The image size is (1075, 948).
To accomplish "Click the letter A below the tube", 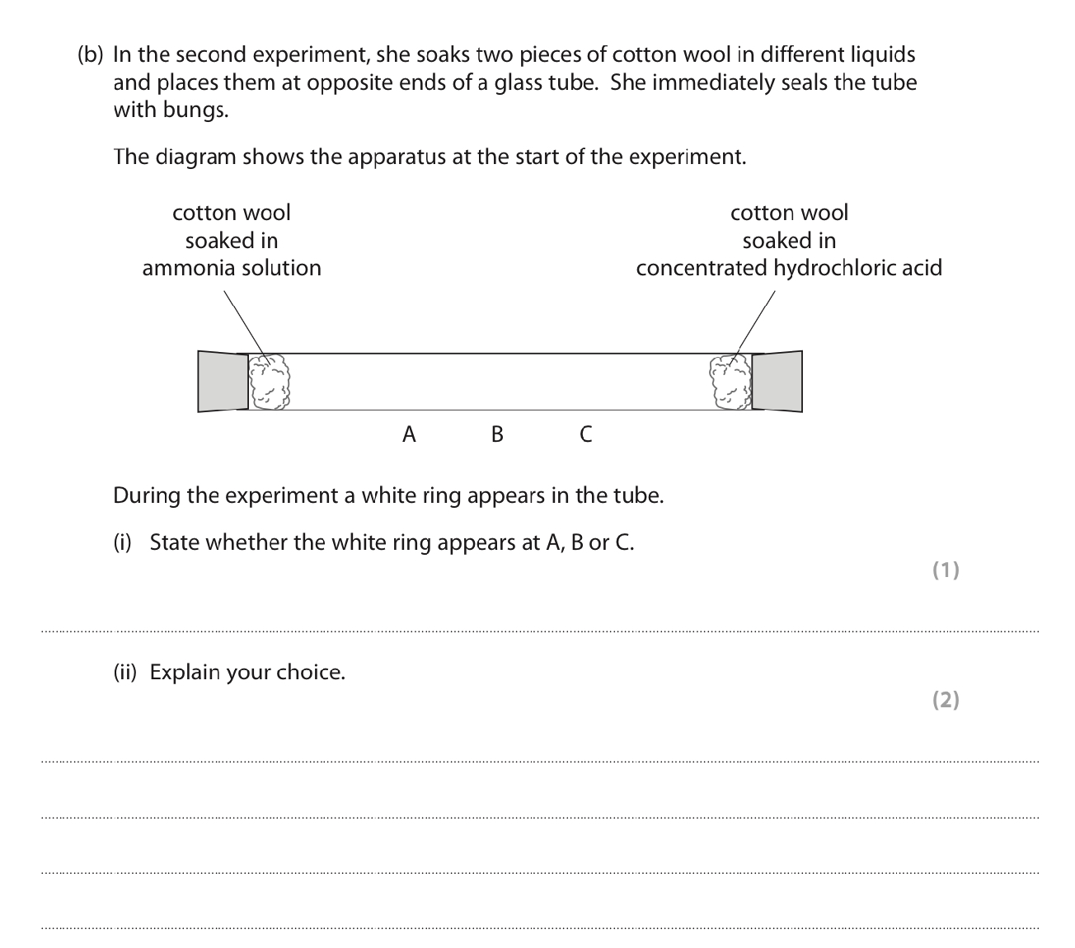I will pyautogui.click(x=409, y=434).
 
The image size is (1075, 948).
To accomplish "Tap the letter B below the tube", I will pyautogui.click(x=497, y=434).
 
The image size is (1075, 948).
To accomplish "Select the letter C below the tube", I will pyautogui.click(x=585, y=434).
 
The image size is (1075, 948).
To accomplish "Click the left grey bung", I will pyautogui.click(x=223, y=381).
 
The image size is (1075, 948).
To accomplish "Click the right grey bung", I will pyautogui.click(x=777, y=381).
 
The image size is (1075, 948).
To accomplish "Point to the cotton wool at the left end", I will pyautogui.click(x=270, y=382).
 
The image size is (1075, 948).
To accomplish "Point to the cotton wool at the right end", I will pyautogui.click(x=730, y=382).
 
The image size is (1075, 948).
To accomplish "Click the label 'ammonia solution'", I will pyautogui.click(x=232, y=268).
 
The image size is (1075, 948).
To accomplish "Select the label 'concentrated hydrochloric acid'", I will pyautogui.click(x=789, y=268).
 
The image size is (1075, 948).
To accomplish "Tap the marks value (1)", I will pyautogui.click(x=946, y=570).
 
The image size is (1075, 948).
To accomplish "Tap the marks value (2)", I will pyautogui.click(x=946, y=700).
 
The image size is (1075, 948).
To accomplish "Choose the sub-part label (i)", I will pyautogui.click(x=122, y=542).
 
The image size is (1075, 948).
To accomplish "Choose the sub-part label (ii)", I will pyautogui.click(x=124, y=673).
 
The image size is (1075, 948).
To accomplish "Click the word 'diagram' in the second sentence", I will pyautogui.click(x=198, y=157).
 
